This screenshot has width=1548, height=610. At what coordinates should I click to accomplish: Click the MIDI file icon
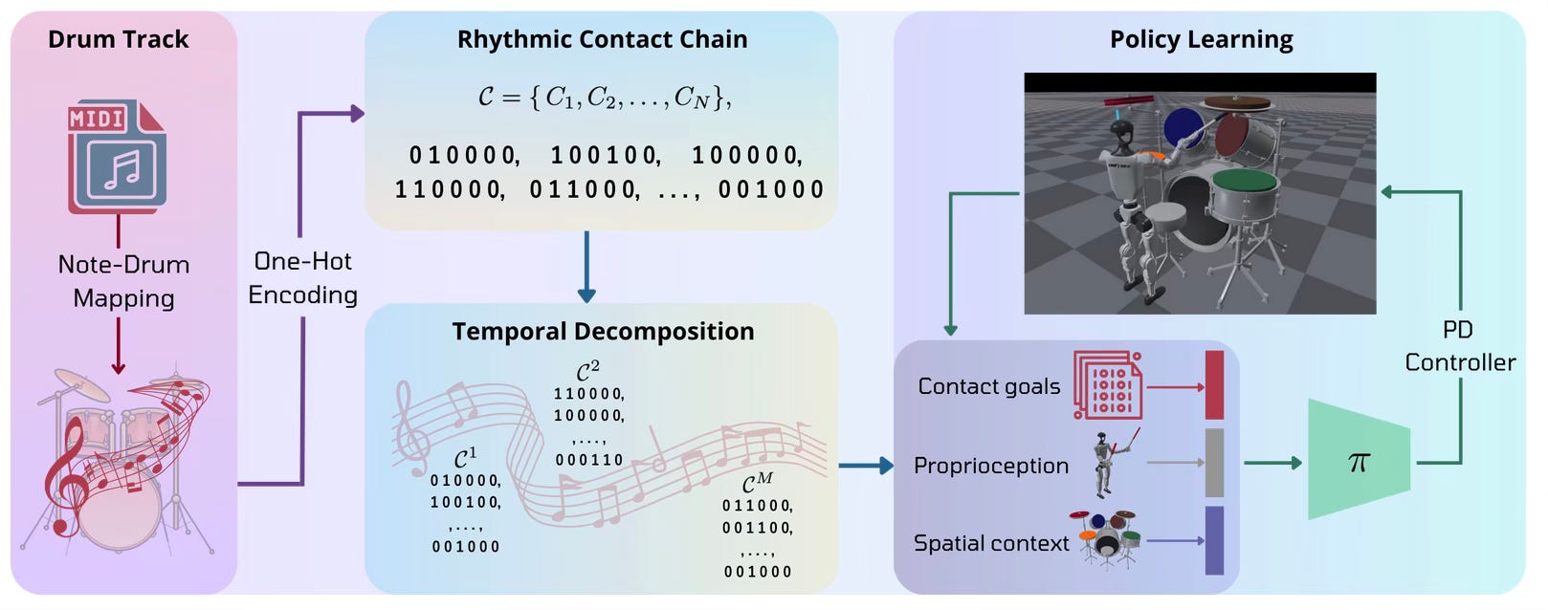[x=117, y=157]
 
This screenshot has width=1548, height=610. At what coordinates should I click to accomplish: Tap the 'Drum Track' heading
[x=118, y=39]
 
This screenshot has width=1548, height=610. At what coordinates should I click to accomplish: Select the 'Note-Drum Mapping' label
[x=123, y=281]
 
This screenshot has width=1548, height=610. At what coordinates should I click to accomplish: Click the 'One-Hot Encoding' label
[x=302, y=277]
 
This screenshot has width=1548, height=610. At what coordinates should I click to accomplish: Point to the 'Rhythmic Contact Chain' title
[x=602, y=39]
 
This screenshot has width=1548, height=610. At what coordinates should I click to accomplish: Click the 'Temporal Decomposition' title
[x=603, y=331]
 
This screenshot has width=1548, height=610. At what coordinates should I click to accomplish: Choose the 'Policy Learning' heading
[x=1201, y=39]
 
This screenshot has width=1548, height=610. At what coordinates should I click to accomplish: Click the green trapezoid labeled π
[x=1359, y=461]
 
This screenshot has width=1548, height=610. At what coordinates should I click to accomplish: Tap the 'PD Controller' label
[x=1459, y=346]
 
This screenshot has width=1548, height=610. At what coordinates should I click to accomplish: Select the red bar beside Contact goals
[x=1214, y=385]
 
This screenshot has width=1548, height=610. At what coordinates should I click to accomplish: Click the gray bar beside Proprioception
[x=1214, y=463]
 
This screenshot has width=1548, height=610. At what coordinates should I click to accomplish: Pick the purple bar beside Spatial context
[x=1214, y=540]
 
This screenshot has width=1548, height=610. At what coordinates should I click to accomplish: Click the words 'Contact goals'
[x=988, y=386]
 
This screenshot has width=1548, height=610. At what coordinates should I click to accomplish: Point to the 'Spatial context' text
[x=990, y=543]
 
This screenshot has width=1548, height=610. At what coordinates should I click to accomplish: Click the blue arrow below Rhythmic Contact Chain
[x=586, y=268]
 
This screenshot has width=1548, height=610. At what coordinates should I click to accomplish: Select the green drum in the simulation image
[x=1244, y=180]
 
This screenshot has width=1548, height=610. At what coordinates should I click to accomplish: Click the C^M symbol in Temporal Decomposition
[x=757, y=483]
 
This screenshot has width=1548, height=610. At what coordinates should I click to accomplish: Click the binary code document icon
[x=1108, y=385]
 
